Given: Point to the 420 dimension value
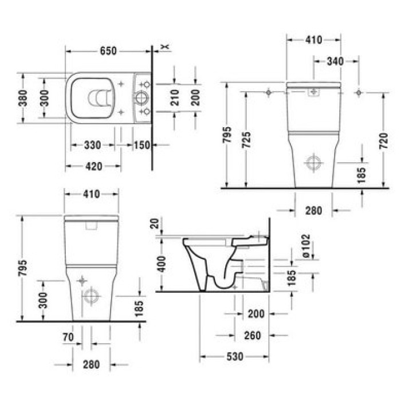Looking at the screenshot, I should (93, 167).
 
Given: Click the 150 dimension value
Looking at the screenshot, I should (141, 146).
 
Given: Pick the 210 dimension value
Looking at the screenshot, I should (175, 98).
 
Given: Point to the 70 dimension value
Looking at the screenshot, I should (68, 337).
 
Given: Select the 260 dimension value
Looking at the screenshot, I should (252, 335).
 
